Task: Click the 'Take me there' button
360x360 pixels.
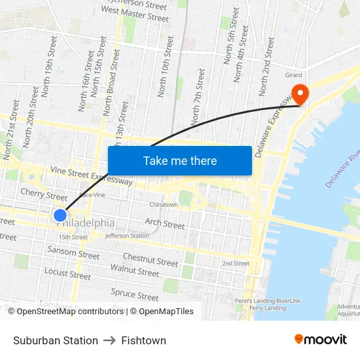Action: point(179,160)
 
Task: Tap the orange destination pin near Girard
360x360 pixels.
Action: point(300,94)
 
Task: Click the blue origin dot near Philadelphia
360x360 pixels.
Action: point(60,215)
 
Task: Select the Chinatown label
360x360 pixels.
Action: point(164,205)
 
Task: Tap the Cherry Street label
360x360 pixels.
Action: point(44,194)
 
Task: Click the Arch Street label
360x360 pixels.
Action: point(164,224)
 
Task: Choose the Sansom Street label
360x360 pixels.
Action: point(73,251)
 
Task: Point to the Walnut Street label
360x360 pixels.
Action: point(135,270)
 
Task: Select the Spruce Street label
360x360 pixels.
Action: point(135,293)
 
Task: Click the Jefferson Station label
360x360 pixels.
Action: point(127,236)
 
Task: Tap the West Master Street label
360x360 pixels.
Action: point(135,14)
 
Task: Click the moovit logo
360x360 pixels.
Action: point(320,340)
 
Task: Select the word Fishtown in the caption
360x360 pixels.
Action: point(143,340)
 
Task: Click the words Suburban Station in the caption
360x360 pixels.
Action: point(56,340)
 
